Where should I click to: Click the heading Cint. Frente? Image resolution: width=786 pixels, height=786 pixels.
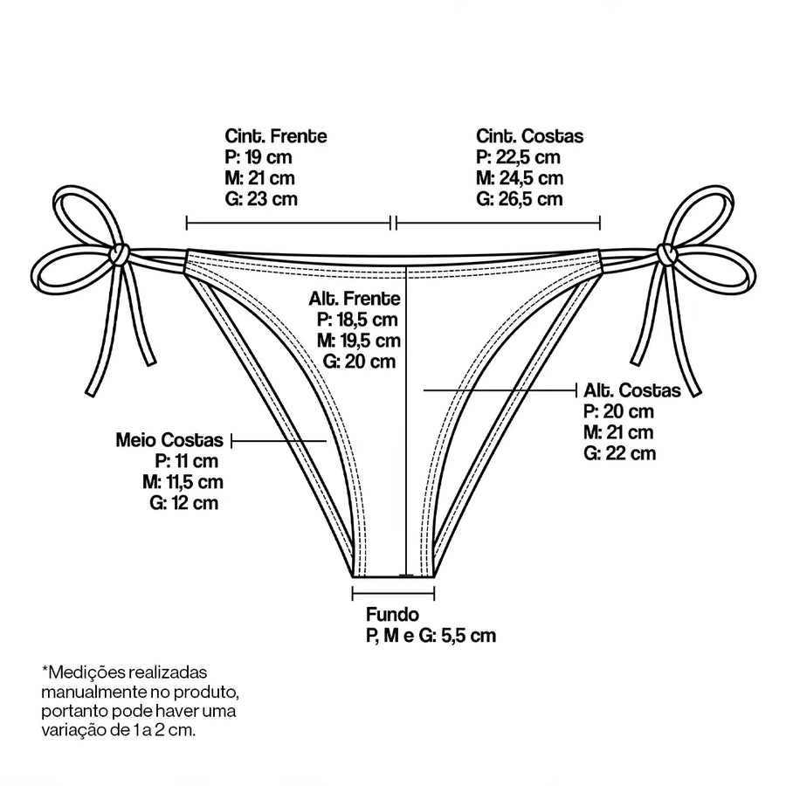[276, 136]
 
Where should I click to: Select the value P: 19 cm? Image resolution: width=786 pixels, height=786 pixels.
[259, 157]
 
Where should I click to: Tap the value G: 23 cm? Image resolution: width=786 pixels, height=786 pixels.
[261, 199]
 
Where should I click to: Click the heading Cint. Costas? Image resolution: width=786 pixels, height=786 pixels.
[529, 136]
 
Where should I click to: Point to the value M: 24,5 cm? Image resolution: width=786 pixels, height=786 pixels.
[520, 178]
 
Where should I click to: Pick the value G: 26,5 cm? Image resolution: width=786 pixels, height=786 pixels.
[520, 199]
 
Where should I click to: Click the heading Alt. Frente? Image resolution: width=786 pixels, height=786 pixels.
[355, 299]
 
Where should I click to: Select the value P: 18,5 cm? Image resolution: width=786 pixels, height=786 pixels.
[357, 320]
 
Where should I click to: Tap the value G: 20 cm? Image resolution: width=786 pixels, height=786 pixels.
[359, 362]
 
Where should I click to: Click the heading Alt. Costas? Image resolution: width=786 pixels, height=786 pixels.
[632, 390]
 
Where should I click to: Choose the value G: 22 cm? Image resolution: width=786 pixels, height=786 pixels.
[619, 453]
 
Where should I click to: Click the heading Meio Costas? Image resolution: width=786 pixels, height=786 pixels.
[169, 440]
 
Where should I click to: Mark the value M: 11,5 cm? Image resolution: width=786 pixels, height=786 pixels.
[183, 482]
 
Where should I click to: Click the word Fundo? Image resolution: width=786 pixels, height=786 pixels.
[392, 615]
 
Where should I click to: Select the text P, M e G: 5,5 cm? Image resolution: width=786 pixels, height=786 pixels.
[431, 636]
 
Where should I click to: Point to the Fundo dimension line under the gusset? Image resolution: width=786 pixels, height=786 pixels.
[394, 594]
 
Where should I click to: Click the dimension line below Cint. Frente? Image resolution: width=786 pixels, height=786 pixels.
[288, 223]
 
